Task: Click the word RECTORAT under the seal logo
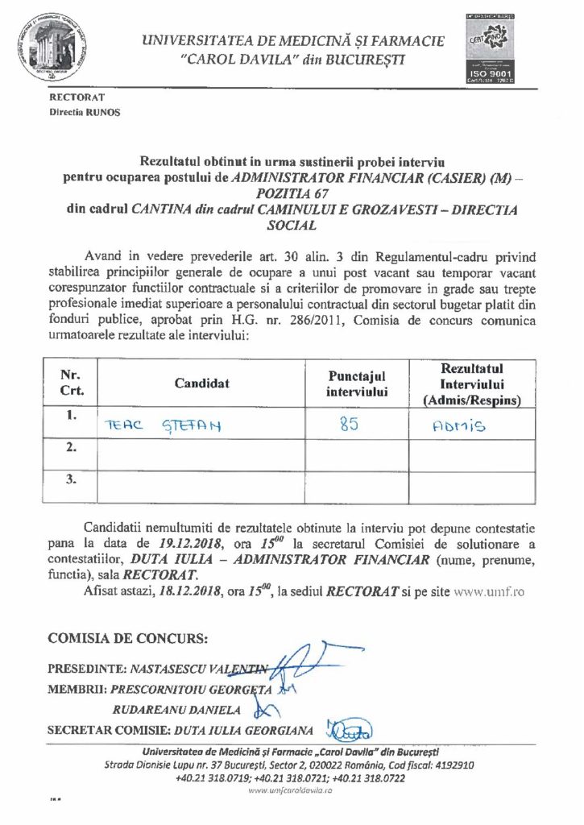pos(73,97)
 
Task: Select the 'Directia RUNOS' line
pos(85,112)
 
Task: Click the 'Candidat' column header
pos(201,383)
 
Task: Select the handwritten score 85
pos(349,425)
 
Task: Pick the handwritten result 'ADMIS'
pos(458,427)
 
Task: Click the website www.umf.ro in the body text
pos(491,591)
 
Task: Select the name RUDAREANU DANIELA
pos(179,710)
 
